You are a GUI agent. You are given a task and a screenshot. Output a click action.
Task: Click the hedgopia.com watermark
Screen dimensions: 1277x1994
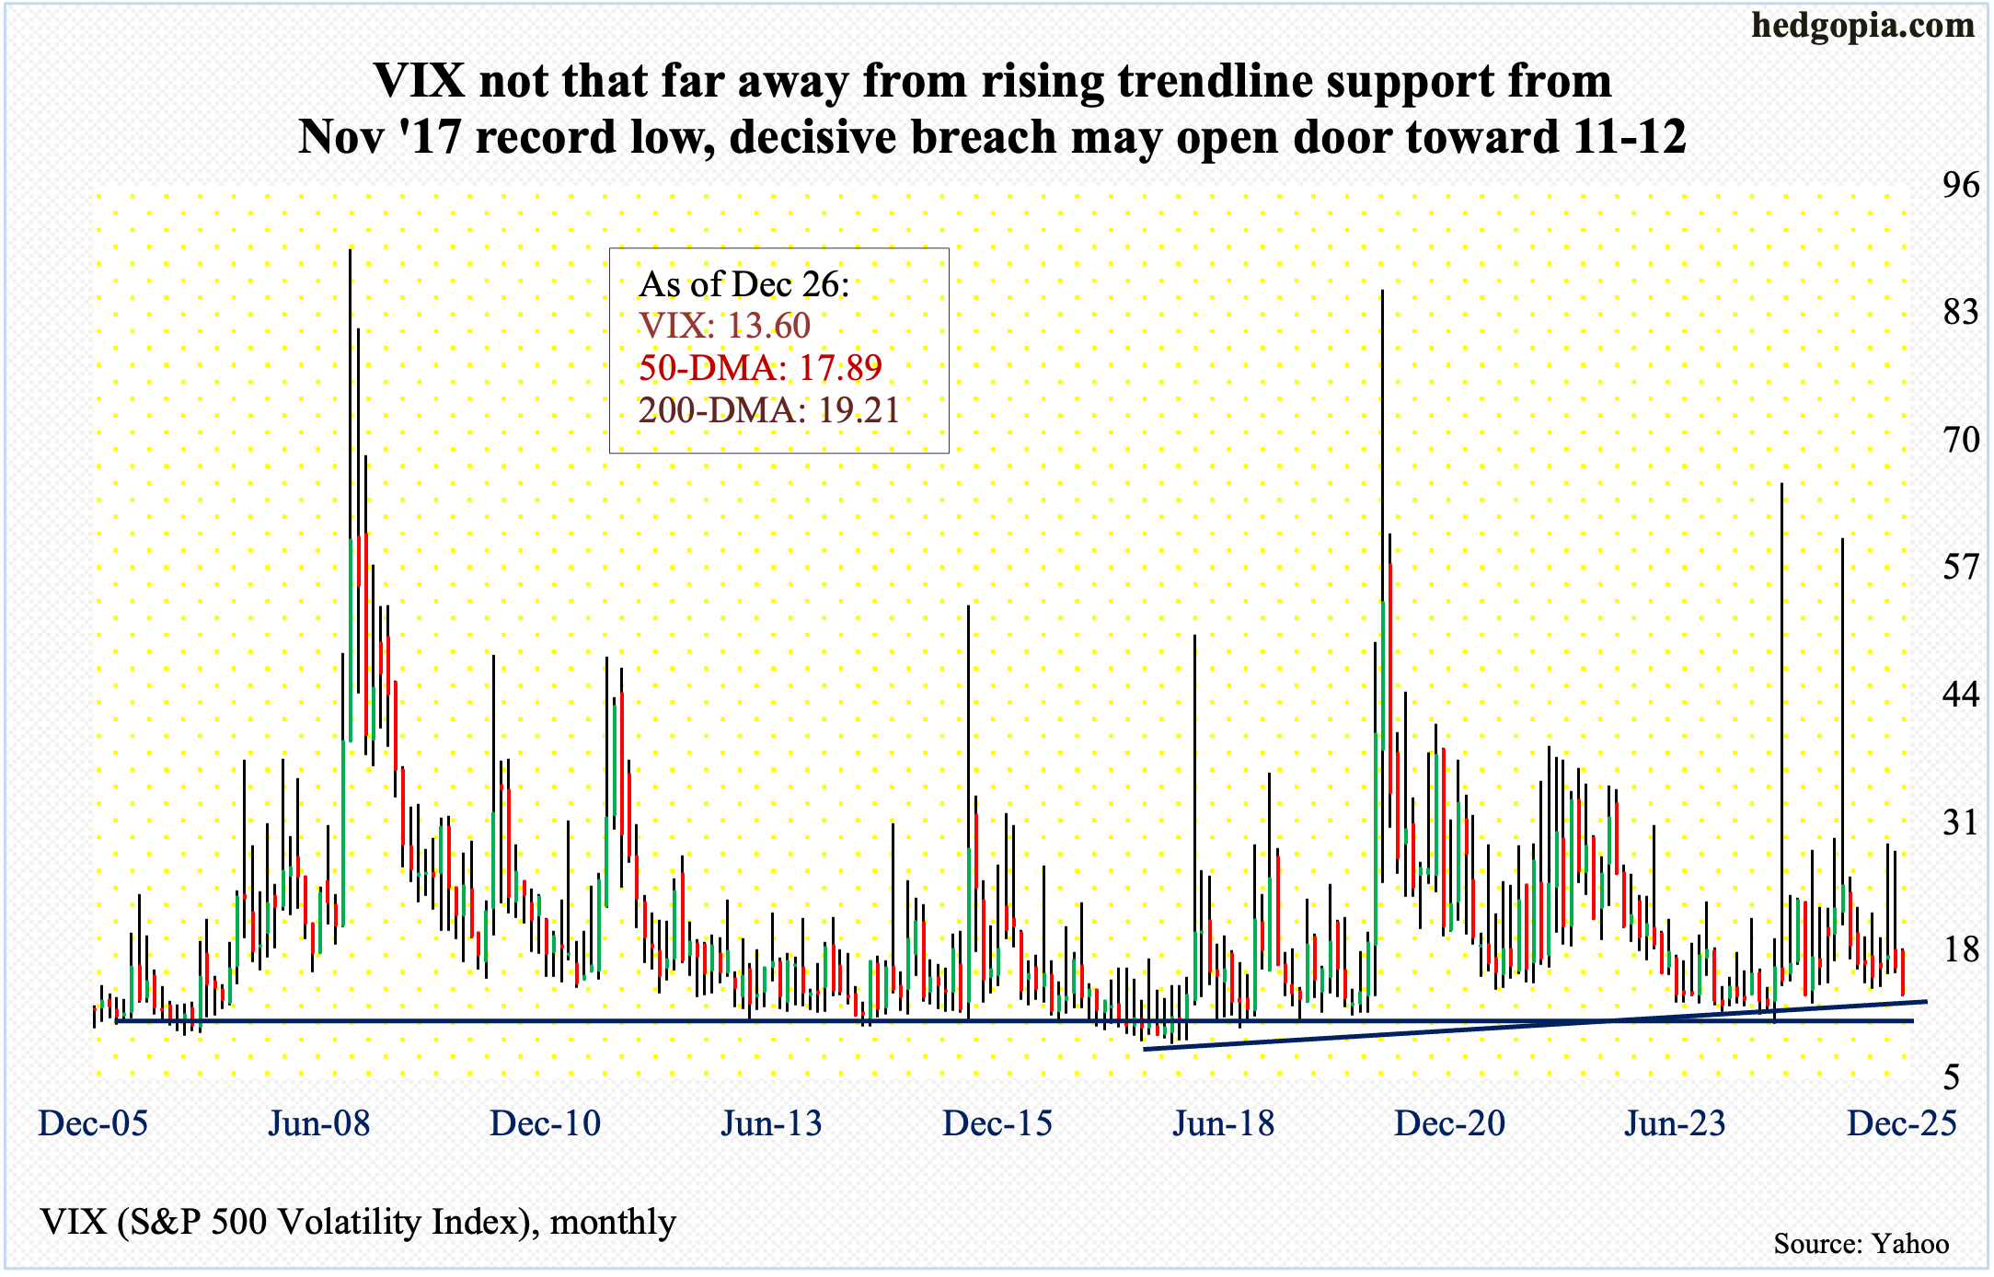click(x=1862, y=25)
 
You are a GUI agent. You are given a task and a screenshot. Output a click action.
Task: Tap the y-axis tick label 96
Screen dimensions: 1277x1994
click(x=1960, y=186)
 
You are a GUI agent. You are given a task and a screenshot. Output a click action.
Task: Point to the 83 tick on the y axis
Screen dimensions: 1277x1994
click(x=1960, y=313)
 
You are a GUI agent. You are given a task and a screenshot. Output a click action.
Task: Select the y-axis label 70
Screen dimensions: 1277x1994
click(x=1960, y=440)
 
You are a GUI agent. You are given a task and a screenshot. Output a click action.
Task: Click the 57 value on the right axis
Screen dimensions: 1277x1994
click(x=1960, y=567)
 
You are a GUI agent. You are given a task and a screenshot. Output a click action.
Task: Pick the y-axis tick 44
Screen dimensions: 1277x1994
click(x=1960, y=694)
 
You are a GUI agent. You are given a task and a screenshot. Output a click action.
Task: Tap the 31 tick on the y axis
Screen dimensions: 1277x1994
click(x=1960, y=822)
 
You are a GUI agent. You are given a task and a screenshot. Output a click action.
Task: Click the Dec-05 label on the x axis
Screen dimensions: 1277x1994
click(x=93, y=1123)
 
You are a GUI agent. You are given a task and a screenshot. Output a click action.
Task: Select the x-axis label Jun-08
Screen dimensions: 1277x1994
click(x=319, y=1123)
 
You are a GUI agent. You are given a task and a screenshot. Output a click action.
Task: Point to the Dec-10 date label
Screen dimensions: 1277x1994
click(x=546, y=1123)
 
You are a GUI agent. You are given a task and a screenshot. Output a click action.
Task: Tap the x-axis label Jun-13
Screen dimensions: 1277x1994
click(x=771, y=1123)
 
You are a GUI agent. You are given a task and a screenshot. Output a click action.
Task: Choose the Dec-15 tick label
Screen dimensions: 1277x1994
click(x=997, y=1123)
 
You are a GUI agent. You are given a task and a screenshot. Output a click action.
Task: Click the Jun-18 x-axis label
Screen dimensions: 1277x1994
click(x=1224, y=1123)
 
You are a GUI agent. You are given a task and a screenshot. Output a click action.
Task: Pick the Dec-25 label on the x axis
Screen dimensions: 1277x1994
click(x=1902, y=1123)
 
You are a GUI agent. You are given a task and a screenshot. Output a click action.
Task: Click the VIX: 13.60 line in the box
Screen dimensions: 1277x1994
click(x=725, y=326)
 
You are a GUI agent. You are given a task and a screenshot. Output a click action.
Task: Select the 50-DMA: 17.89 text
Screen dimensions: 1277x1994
click(x=760, y=368)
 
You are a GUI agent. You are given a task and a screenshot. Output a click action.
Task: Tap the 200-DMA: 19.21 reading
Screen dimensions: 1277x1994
click(x=769, y=410)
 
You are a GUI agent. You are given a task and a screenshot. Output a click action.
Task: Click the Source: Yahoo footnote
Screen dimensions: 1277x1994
click(x=1861, y=1244)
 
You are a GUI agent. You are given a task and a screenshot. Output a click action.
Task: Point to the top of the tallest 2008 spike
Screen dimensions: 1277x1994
click(x=350, y=249)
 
